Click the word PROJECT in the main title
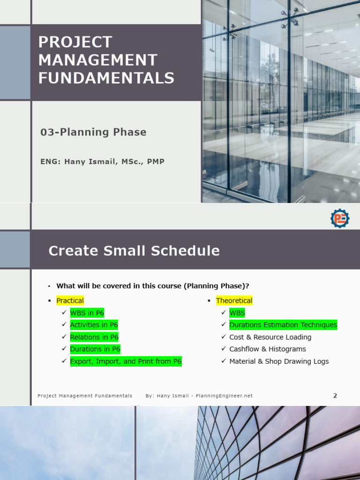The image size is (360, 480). click(75, 42)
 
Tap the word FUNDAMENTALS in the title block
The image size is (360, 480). click(106, 78)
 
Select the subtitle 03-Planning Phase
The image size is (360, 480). click(93, 132)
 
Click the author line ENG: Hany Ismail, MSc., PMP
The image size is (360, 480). click(102, 162)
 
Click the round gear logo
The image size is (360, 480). click(340, 218)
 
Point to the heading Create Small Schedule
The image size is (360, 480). click(134, 251)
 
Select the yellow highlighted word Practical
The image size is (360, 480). click(70, 300)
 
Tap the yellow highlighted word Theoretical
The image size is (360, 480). click(234, 300)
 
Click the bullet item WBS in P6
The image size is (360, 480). click(87, 313)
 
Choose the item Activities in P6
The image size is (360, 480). click(94, 325)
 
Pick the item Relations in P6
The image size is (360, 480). click(94, 337)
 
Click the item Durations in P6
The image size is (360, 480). click(95, 349)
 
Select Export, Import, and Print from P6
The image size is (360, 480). click(126, 361)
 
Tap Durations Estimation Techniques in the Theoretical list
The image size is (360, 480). click(283, 325)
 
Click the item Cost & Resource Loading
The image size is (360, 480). click(270, 337)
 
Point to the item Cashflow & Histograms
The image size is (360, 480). click(267, 349)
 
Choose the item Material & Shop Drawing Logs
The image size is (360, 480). click(279, 361)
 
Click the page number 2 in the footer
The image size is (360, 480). click(335, 396)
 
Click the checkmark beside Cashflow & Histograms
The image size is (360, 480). click(224, 349)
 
